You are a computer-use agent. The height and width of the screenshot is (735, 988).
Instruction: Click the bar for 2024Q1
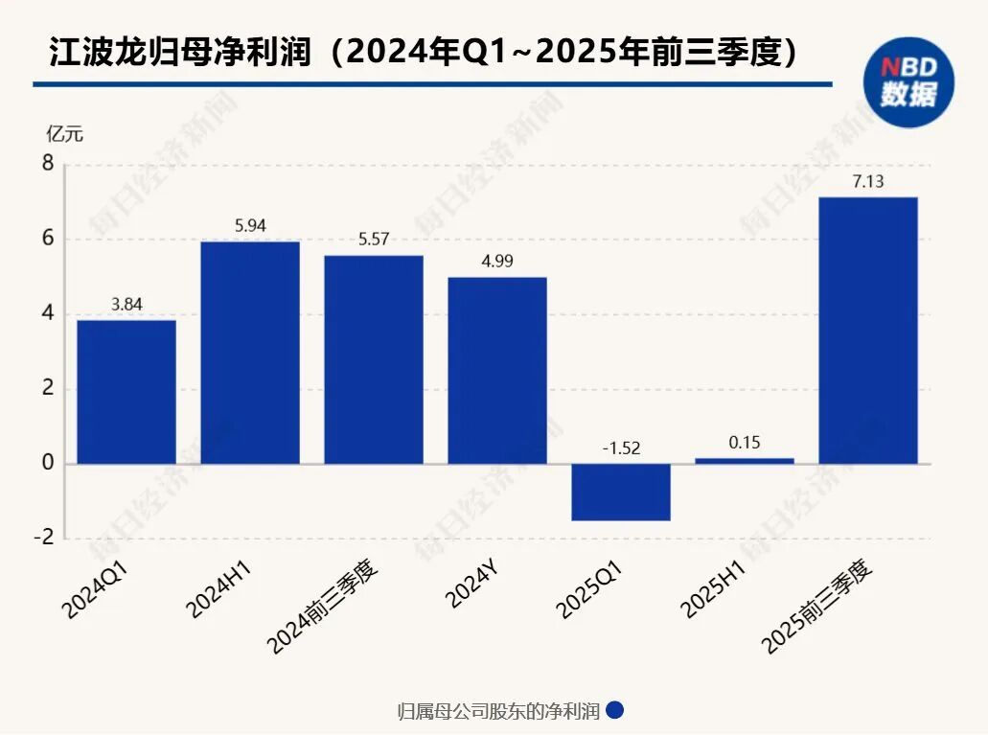(126, 392)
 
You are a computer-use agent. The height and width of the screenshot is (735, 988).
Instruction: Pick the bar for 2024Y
(497, 371)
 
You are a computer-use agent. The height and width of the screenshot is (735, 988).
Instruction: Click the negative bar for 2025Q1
(621, 493)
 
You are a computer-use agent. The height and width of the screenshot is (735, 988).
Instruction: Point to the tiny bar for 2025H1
(745, 461)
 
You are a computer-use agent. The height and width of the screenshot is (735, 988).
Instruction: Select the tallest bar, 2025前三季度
(868, 331)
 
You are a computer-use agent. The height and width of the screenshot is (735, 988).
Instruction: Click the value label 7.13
(868, 180)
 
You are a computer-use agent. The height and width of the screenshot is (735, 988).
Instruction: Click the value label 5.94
(250, 225)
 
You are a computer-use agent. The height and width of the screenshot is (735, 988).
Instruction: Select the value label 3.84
(126, 304)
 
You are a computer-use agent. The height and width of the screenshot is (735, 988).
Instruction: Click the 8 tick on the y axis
(47, 164)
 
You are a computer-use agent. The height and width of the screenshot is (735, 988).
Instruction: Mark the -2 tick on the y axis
(43, 539)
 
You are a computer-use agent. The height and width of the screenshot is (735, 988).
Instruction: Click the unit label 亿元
(65, 134)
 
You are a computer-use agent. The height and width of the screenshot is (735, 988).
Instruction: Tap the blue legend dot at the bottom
(616, 710)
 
